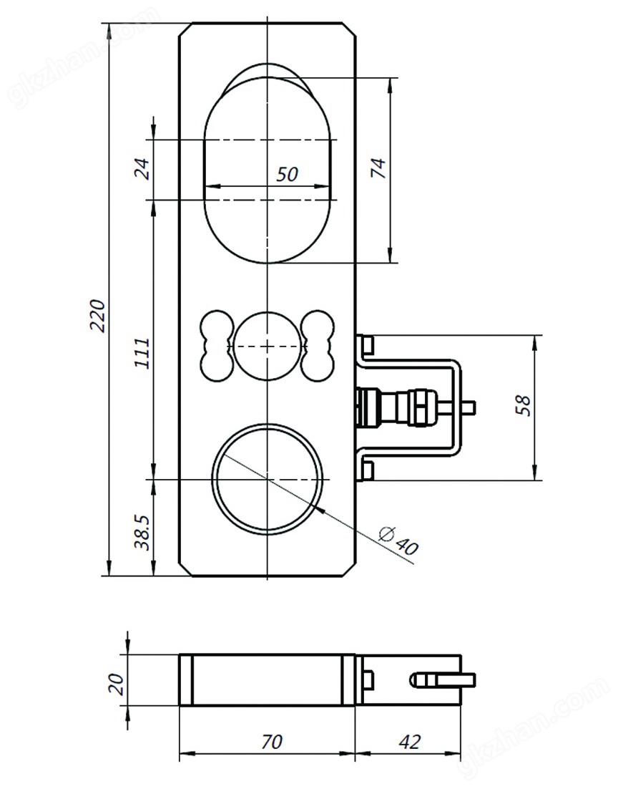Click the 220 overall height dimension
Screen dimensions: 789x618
click(x=98, y=314)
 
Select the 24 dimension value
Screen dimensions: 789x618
click(x=143, y=170)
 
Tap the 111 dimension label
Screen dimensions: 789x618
click(x=143, y=352)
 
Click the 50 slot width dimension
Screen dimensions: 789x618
click(x=287, y=174)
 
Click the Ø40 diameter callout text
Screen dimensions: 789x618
click(x=398, y=541)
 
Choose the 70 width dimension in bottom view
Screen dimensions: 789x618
click(x=271, y=741)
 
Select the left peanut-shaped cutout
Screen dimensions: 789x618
click(x=216, y=346)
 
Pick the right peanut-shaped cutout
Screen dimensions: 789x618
click(x=317, y=346)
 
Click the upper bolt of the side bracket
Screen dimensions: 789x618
click(x=367, y=345)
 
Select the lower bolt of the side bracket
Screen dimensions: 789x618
click(x=367, y=470)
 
